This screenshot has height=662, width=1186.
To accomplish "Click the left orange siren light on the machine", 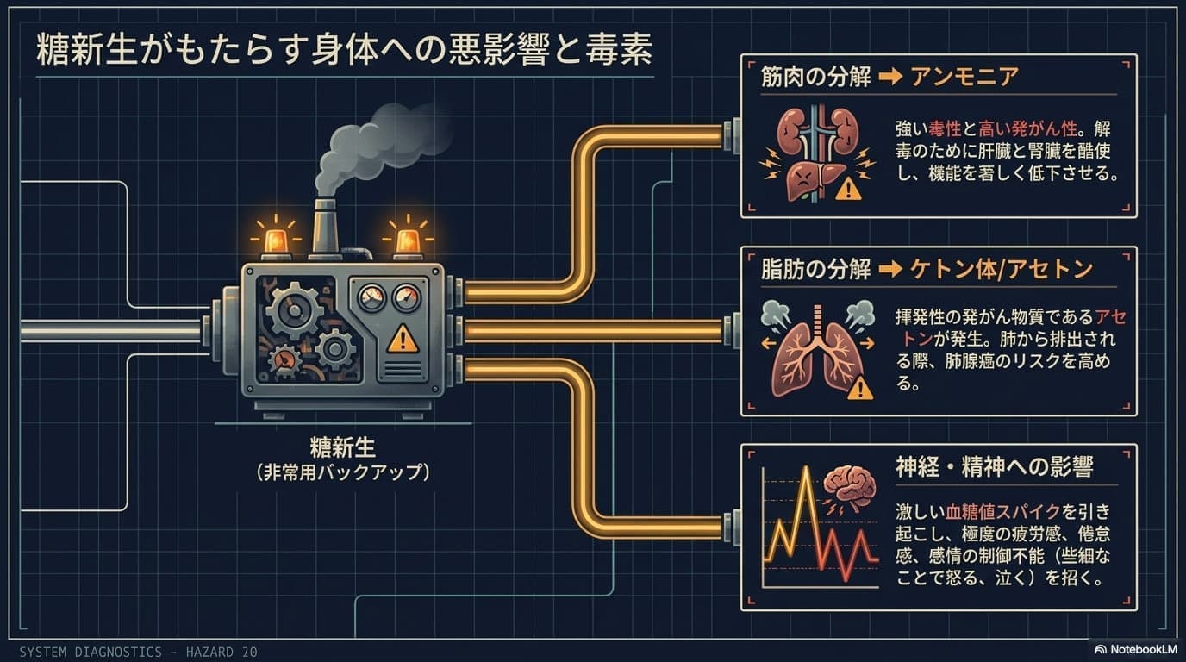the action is coord(275,242).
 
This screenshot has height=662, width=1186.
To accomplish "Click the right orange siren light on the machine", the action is coord(408,242).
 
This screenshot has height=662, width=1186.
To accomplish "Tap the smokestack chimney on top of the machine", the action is coord(325,228).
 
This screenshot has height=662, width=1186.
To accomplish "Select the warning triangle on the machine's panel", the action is coord(403,339).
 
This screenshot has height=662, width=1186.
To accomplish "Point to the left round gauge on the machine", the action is coord(371,298).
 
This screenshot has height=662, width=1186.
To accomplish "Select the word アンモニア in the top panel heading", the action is coord(964,78).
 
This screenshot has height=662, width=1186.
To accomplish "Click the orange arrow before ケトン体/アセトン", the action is coord(890,270).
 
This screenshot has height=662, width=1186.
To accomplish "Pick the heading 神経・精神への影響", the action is coord(994,467).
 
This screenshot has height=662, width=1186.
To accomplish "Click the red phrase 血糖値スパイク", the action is coord(1002,512).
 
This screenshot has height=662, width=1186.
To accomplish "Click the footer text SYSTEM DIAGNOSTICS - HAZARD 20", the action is coord(138,652).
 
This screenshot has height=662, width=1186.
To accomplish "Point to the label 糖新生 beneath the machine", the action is coord(342,448).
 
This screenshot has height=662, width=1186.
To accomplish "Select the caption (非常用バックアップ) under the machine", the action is coord(342,472).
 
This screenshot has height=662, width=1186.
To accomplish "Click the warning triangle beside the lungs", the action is coord(860,388).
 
